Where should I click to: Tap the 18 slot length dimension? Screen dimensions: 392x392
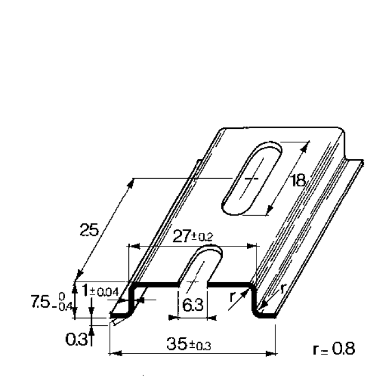pyautogui.click(x=298, y=180)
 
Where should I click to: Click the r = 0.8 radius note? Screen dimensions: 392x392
pyautogui.click(x=333, y=349)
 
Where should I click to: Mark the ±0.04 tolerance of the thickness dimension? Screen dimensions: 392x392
pyautogui.click(x=106, y=291)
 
